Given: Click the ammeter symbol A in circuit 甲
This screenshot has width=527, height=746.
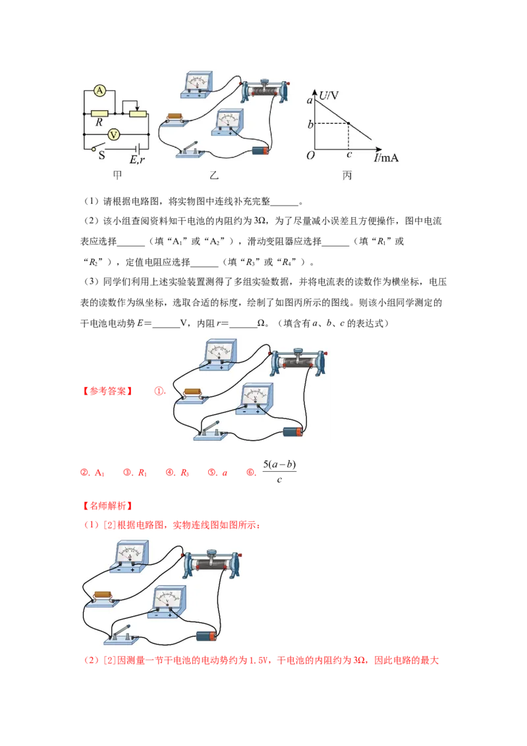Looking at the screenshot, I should [x=99, y=90].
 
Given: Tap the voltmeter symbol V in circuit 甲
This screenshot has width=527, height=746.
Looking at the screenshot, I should [x=113, y=134].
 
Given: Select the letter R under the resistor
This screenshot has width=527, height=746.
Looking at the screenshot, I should [x=99, y=123].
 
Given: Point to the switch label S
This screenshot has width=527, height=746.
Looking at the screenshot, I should [x=101, y=156].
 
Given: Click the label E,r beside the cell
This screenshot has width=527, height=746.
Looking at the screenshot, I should [x=137, y=159].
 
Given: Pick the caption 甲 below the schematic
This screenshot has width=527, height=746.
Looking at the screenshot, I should [x=117, y=176].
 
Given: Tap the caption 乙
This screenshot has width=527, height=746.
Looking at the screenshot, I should [x=213, y=176].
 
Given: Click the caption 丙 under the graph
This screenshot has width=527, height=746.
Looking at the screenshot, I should [x=347, y=176].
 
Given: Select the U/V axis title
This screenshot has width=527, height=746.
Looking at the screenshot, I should [x=328, y=96].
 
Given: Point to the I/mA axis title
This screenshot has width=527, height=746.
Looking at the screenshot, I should [x=387, y=158].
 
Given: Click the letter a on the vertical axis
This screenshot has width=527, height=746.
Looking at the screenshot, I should [x=310, y=100].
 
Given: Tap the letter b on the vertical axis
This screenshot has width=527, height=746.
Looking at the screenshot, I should [x=310, y=124].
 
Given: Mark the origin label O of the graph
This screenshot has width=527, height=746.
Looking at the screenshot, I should [x=310, y=156].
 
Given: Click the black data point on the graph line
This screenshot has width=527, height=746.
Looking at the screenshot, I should [x=348, y=124].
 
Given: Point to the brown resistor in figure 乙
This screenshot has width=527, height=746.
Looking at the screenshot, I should [x=176, y=118].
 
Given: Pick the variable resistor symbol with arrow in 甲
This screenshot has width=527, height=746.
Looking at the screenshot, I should [x=138, y=113].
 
